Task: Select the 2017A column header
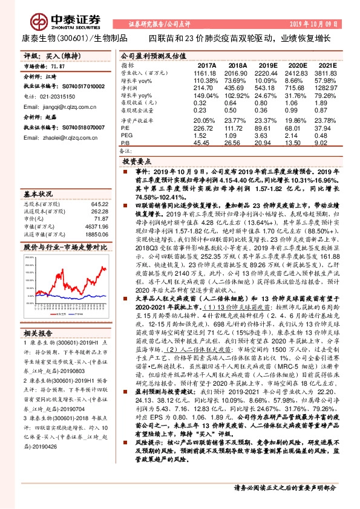[207, 65]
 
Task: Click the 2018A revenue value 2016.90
[238, 72]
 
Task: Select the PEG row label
[127, 136]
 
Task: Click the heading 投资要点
[137, 163]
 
